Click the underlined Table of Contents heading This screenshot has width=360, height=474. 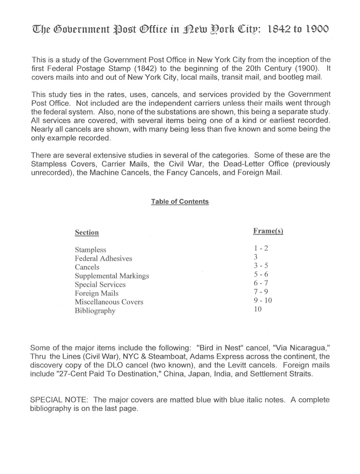coord(180,201)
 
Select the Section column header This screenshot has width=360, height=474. coord(87,233)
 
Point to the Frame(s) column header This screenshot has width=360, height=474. coord(268,231)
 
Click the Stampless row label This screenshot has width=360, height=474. coord(90,250)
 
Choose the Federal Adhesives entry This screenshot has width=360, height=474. coord(104,259)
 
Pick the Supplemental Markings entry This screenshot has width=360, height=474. coord(112,276)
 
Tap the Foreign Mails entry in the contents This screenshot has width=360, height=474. coord(97,293)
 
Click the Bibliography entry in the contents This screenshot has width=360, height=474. coord(95,311)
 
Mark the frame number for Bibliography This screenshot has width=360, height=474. coord(258,309)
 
